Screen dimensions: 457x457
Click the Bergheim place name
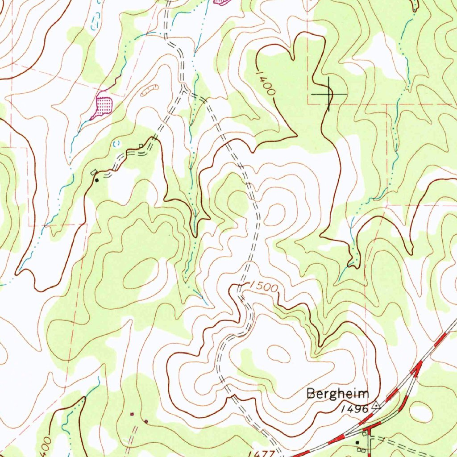click(338, 394)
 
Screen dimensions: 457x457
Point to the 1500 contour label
click(263, 287)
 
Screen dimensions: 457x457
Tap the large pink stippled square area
click(102, 107)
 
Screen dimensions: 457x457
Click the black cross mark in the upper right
click(329, 94)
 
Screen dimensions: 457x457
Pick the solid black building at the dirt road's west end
click(97, 180)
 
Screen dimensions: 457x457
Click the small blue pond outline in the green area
click(117, 144)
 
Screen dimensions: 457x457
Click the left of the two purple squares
click(132, 414)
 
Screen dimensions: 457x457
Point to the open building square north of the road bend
click(141, 146)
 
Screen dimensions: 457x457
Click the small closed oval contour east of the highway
click(420, 411)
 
